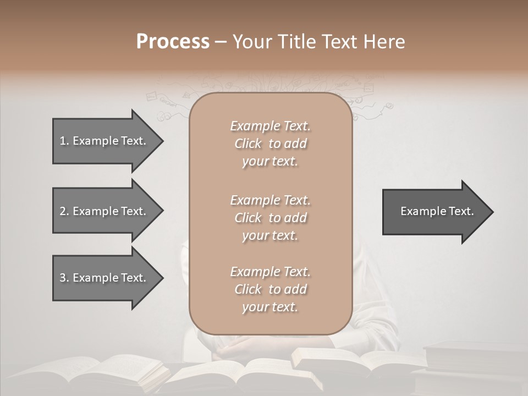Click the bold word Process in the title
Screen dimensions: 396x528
pos(173,42)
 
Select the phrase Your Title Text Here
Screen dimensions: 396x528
pos(318,42)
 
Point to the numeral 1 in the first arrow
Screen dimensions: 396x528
pos(62,141)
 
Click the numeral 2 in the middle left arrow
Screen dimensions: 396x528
pos(62,211)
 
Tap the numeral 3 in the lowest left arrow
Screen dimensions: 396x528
pos(62,278)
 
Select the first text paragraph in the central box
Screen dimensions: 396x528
pos(270,144)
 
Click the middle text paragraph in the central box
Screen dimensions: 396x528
pos(270,217)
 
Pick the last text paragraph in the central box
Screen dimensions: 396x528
pos(270,289)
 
